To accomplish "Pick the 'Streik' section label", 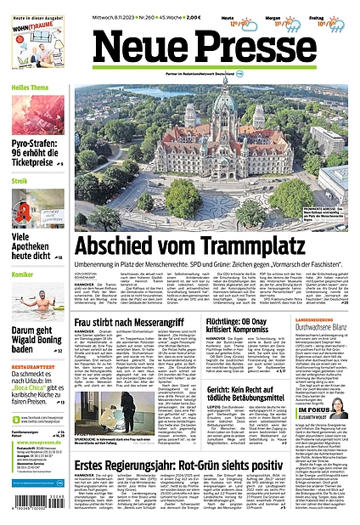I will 20,181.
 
